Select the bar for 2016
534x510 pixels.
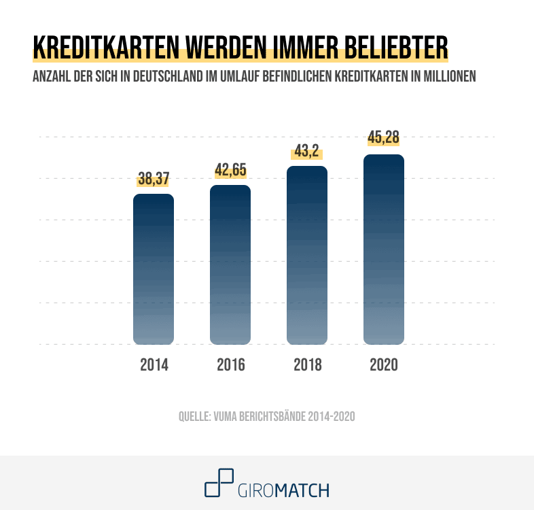pyautogui.click(x=230, y=265)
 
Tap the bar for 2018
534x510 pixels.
pyautogui.click(x=307, y=255)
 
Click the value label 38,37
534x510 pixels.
pyautogui.click(x=154, y=180)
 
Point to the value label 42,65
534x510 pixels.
pyautogui.click(x=230, y=171)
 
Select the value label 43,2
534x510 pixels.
pyautogui.click(x=307, y=152)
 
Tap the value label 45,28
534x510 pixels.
pyautogui.click(x=384, y=138)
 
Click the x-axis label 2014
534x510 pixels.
pyautogui.click(x=154, y=364)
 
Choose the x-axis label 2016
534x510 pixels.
pyautogui.click(x=230, y=364)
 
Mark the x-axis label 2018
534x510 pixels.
pyautogui.click(x=307, y=364)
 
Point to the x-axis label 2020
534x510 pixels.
pyautogui.click(x=384, y=364)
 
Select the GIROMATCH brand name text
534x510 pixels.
pyautogui.click(x=284, y=490)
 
